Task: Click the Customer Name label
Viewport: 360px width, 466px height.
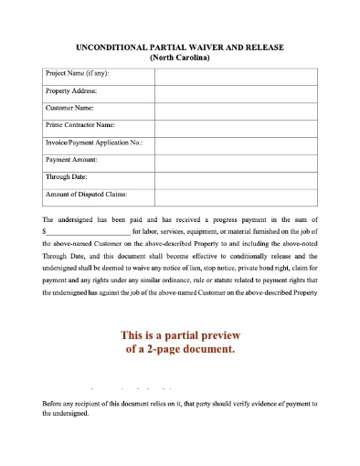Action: click(70, 108)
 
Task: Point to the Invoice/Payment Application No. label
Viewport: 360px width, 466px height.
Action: click(93, 143)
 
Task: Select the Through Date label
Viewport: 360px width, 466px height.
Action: click(66, 176)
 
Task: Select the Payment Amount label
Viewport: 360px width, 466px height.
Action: click(70, 159)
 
